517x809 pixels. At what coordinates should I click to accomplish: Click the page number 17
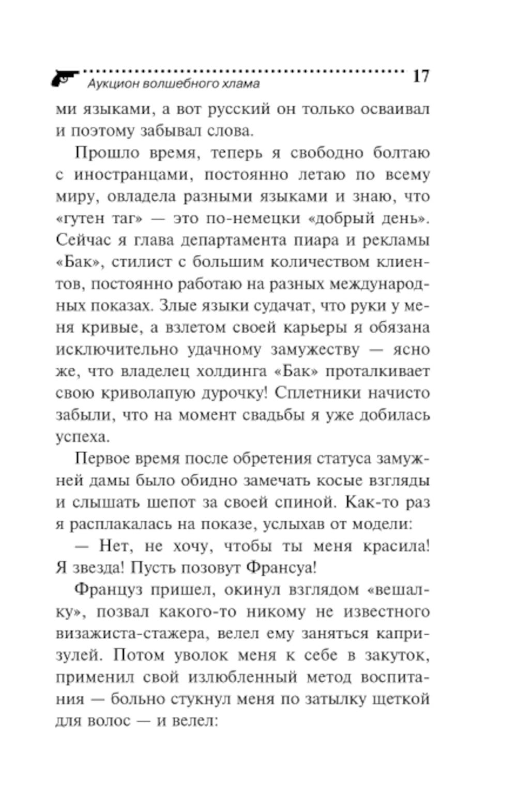[x=421, y=76]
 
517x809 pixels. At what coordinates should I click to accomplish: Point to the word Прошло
[x=107, y=153]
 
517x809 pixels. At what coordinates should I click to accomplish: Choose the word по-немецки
[x=252, y=219]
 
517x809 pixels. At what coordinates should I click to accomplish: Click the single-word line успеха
[x=83, y=437]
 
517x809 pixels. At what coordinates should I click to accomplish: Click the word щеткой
[x=405, y=699]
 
